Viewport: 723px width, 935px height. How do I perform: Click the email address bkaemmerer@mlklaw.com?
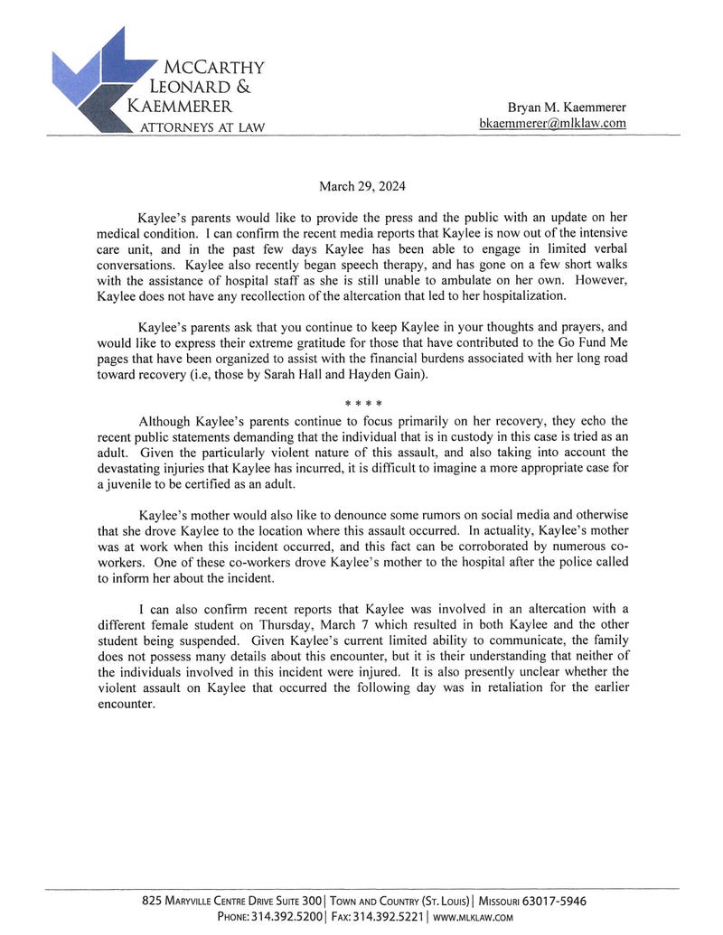[553, 123]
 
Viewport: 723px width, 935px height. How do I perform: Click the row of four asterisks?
[362, 403]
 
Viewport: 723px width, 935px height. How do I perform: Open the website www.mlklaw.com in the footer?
[473, 916]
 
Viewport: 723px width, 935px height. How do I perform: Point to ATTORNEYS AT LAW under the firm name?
[202, 127]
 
